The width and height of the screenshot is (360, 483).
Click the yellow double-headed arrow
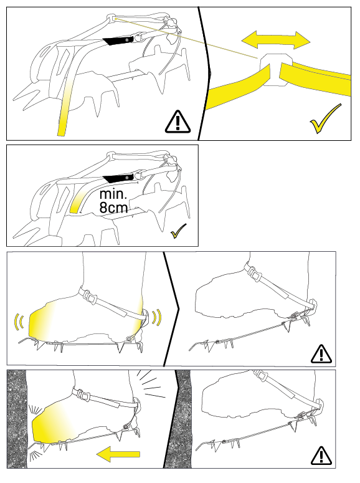click(x=276, y=40)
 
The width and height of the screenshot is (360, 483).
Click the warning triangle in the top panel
click(x=178, y=122)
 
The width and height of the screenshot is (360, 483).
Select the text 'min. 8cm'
click(x=113, y=201)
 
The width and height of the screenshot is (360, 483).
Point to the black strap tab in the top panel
click(x=118, y=41)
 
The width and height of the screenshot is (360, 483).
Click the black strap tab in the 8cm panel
click(x=118, y=178)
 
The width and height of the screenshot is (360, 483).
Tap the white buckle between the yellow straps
click(x=275, y=69)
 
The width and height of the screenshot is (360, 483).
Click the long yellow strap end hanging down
click(x=65, y=108)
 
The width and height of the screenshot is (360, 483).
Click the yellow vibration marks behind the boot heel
click(x=157, y=317)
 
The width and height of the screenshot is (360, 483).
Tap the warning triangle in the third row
click(x=321, y=353)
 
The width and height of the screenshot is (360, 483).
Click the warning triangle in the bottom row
click(x=321, y=456)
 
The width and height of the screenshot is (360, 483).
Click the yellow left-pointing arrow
click(x=118, y=454)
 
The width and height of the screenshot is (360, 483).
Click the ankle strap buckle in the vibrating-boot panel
click(x=88, y=296)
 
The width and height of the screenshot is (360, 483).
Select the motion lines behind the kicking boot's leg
click(x=151, y=383)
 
